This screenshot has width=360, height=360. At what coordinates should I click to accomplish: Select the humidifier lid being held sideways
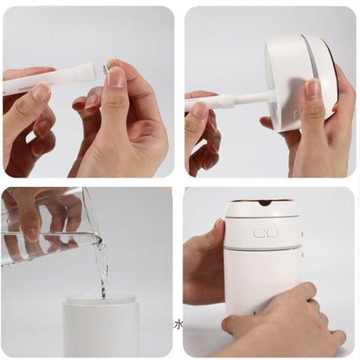[299, 82]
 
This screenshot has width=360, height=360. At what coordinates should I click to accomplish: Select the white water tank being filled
[100, 329]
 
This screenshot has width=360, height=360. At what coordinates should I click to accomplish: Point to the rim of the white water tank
[100, 302]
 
